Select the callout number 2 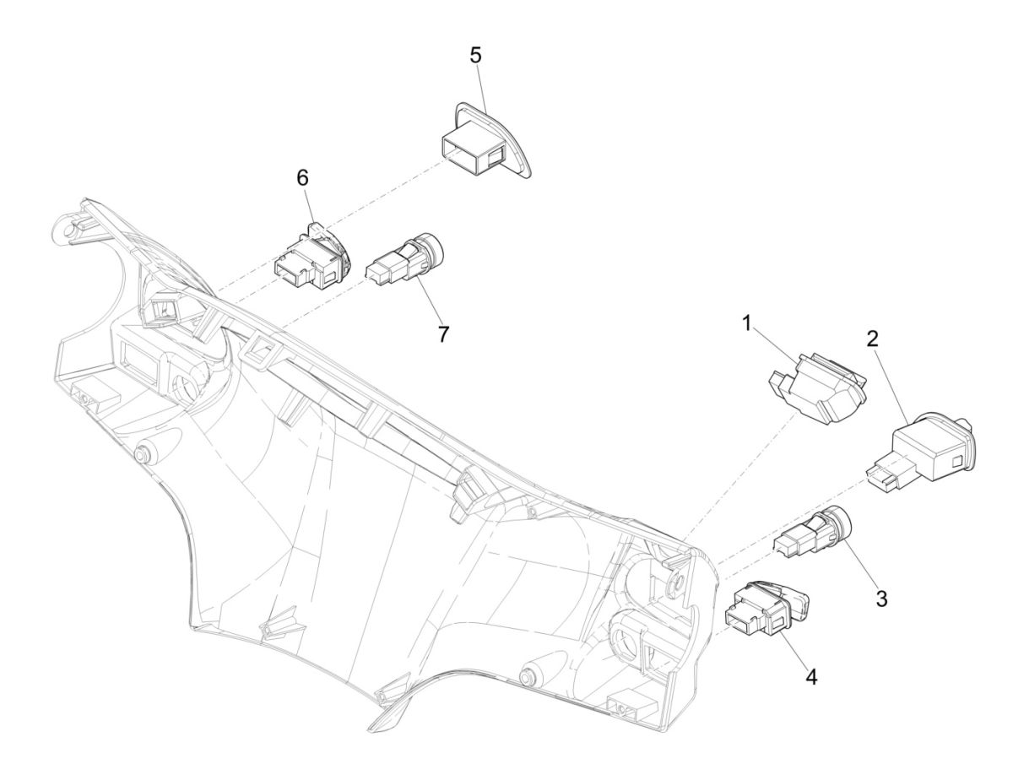pos(872,339)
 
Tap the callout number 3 pos(881,599)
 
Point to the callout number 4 pos(812,676)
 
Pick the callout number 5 pos(475,56)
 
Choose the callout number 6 pos(301,178)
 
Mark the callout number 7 pos(444,333)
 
